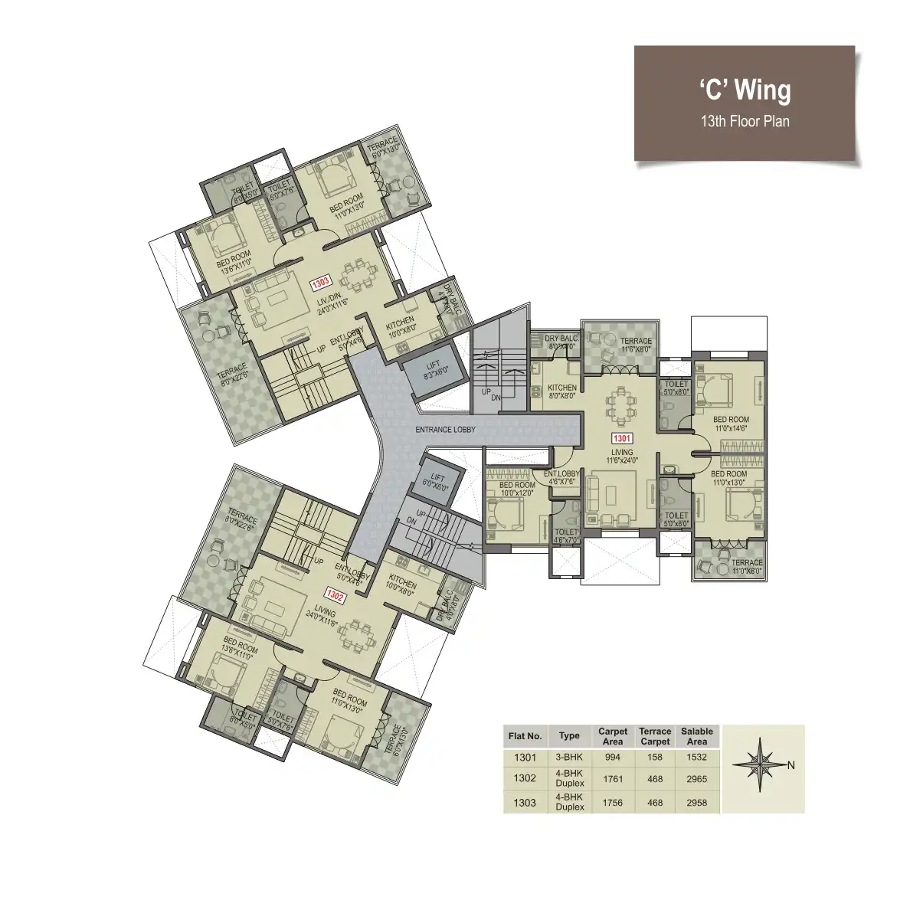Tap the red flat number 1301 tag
coord(621,439)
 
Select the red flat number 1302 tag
coord(335,594)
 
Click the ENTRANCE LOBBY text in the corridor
coord(445,430)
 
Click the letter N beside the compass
coord(791,765)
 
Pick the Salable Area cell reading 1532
coord(696,757)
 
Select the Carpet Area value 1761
coord(612,779)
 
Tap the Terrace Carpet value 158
coord(655,757)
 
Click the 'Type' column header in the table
coord(569,735)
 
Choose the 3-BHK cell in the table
coord(569,757)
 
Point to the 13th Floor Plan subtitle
coord(745,121)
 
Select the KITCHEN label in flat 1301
coord(562,391)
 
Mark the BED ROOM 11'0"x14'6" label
coord(731,424)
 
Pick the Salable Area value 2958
coord(696,803)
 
